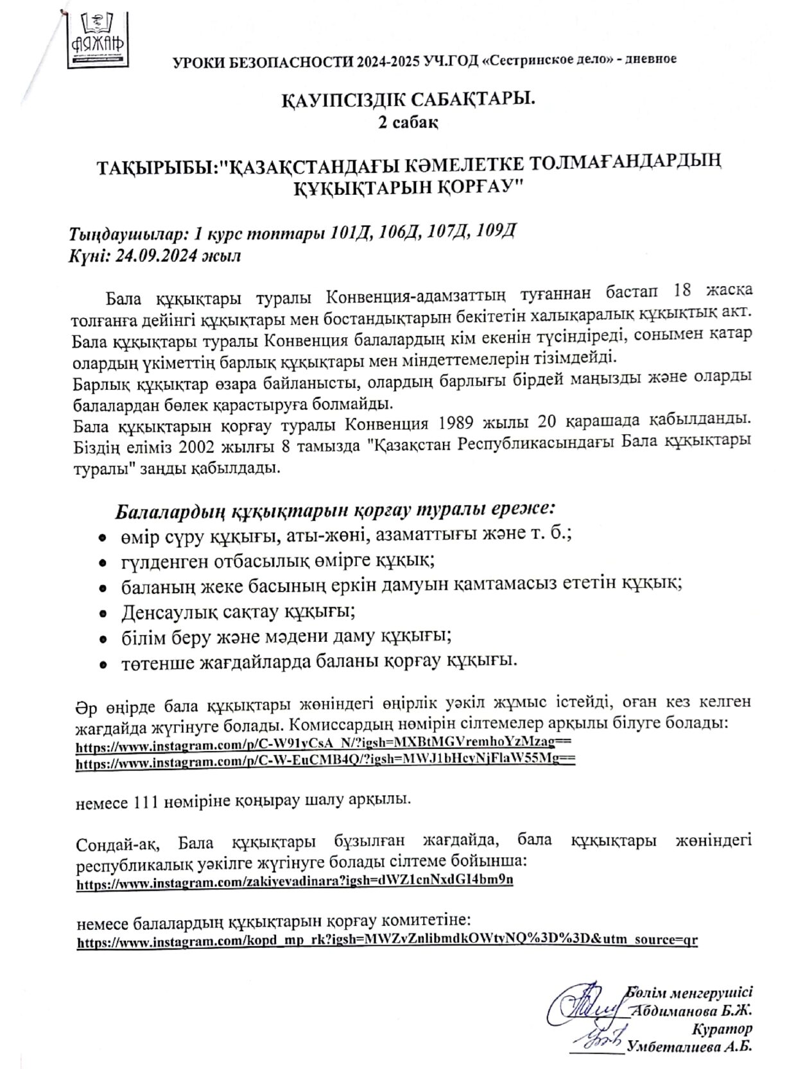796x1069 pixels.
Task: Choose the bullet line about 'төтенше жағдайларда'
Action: (319, 661)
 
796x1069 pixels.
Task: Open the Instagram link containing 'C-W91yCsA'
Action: (324, 747)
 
